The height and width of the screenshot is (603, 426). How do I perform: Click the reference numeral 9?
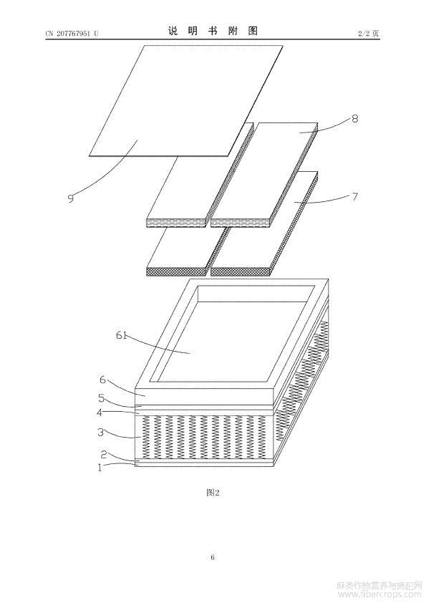tap(70, 198)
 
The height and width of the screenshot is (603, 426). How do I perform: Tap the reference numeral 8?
tap(354, 118)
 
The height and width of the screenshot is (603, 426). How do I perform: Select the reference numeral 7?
tap(354, 196)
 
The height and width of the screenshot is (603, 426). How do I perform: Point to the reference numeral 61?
tap(122, 335)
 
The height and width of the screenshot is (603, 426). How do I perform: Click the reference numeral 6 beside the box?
tap(102, 380)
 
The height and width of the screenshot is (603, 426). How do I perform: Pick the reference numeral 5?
tap(101, 398)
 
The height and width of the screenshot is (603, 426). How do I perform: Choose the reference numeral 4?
tap(100, 413)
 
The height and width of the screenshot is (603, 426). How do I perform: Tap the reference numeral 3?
tap(101, 433)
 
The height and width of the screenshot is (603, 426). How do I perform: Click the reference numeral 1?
tap(100, 468)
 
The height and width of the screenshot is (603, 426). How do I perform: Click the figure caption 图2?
tap(213, 493)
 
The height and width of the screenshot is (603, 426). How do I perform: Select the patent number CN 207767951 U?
tap(72, 34)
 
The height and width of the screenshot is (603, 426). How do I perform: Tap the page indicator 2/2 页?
tap(369, 34)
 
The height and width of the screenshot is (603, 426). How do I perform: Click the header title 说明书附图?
tap(213, 31)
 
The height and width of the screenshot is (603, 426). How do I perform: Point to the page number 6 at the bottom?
tap(213, 557)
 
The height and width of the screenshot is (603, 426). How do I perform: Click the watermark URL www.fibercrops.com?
tap(379, 595)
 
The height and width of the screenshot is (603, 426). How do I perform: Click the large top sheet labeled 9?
tap(186, 101)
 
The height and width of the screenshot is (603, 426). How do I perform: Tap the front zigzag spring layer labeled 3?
tap(204, 437)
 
